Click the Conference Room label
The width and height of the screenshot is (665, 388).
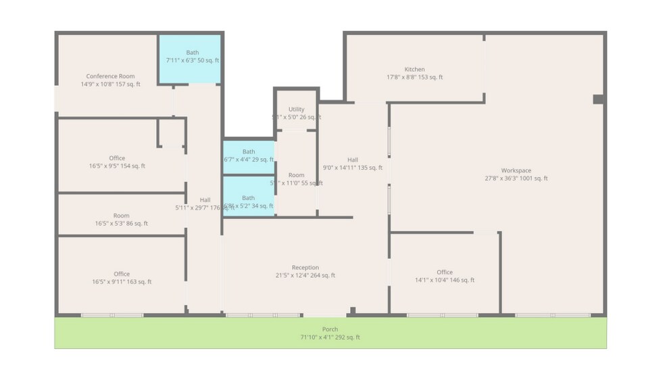point(110,76)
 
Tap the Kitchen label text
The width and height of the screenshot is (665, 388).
point(414,69)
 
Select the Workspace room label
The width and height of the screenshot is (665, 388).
point(516,170)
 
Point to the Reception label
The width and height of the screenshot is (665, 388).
point(305,268)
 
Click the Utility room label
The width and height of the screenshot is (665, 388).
point(296,109)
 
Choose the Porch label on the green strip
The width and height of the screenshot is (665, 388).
point(330,329)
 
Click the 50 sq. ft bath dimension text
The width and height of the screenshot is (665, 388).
point(193,61)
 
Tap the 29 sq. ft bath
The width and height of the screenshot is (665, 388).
point(249,155)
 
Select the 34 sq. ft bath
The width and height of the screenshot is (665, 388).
point(249,202)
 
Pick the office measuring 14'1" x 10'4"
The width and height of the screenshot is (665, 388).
point(445,276)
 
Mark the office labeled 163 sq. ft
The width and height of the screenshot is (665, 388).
point(122,278)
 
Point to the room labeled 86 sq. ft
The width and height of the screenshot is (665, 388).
point(122,220)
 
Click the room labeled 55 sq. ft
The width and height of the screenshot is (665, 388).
point(296,179)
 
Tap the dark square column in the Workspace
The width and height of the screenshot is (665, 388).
point(598,99)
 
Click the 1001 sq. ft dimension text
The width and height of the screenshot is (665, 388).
point(516,178)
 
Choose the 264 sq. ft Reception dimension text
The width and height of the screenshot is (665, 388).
point(305,276)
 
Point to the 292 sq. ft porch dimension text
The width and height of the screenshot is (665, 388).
point(330,337)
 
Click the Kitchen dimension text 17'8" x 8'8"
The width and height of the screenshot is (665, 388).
point(414,77)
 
